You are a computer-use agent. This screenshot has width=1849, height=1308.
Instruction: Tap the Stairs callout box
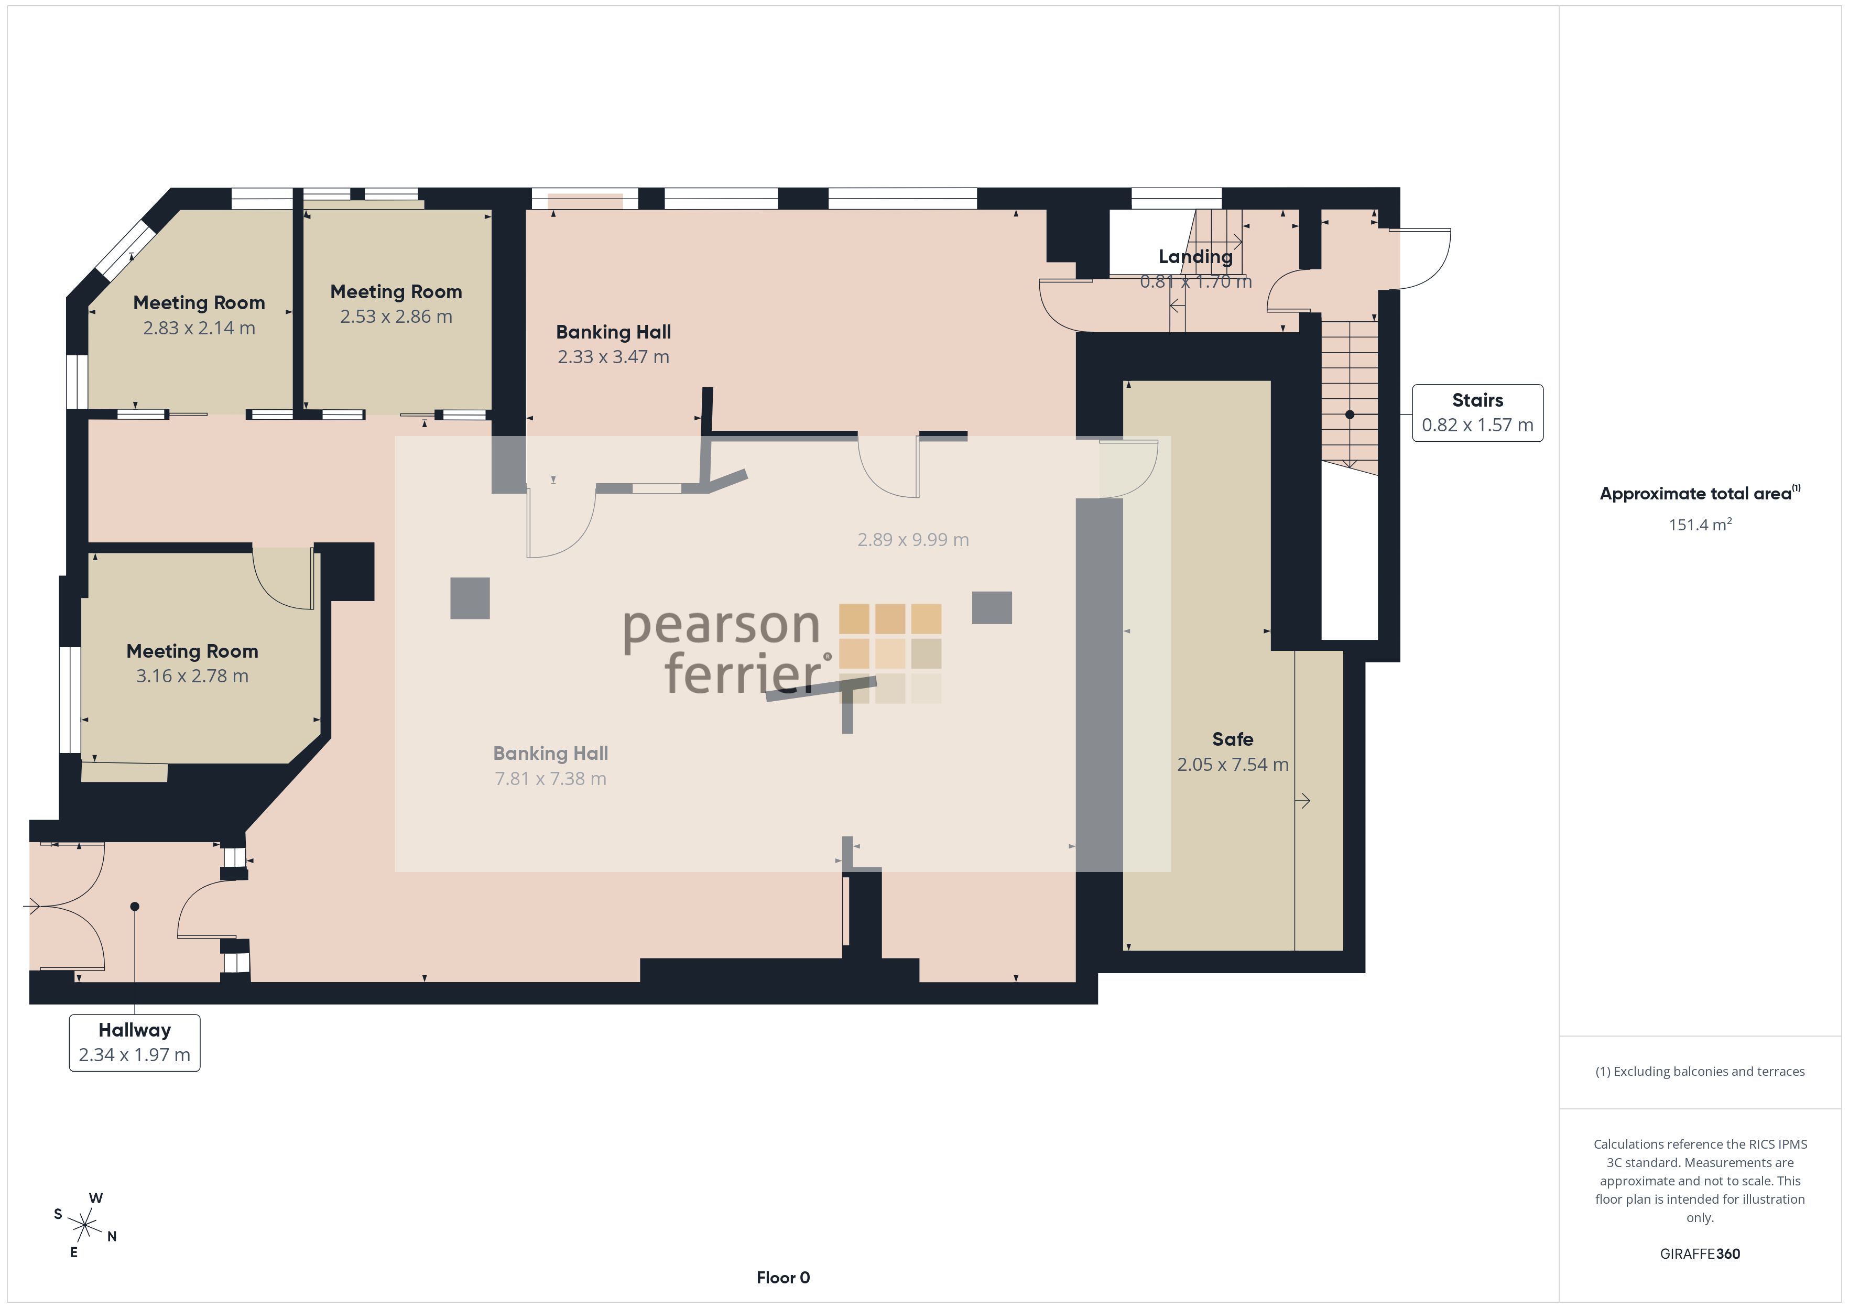(1477, 413)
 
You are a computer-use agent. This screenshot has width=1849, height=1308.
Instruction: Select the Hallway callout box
(135, 1042)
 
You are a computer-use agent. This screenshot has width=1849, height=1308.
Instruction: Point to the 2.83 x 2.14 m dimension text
(199, 328)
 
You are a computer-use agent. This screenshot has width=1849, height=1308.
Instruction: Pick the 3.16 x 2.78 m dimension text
(192, 675)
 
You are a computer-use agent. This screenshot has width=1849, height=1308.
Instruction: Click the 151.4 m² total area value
(1700, 525)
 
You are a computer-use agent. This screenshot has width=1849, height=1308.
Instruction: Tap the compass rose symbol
(84, 1226)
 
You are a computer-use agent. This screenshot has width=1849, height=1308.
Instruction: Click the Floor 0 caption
(783, 1278)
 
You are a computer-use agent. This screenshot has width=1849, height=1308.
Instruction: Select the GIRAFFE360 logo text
(1700, 1253)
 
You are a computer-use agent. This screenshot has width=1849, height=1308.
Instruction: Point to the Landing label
(1195, 257)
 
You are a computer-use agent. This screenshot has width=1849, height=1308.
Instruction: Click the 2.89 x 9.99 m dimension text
(912, 540)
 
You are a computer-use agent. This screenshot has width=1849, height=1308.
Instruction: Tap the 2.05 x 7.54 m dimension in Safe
(1232, 765)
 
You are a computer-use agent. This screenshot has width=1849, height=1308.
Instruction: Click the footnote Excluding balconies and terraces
(1700, 1071)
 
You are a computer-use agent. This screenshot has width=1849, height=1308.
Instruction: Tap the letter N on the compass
(112, 1236)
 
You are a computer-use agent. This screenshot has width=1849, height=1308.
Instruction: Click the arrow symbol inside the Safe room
(1302, 801)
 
